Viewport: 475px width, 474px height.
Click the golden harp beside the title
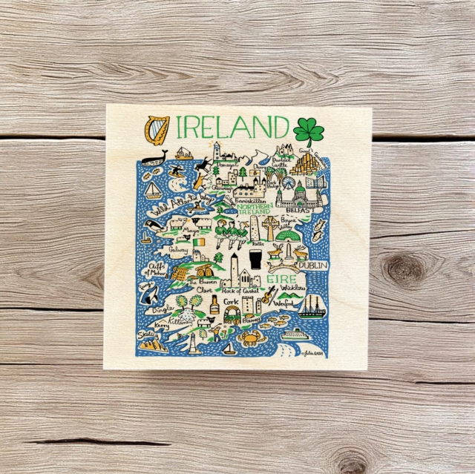[156, 128]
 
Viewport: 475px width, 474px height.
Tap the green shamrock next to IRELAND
[308, 131]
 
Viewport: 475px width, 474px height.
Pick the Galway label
[179, 250]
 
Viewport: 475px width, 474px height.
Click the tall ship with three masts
[312, 306]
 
